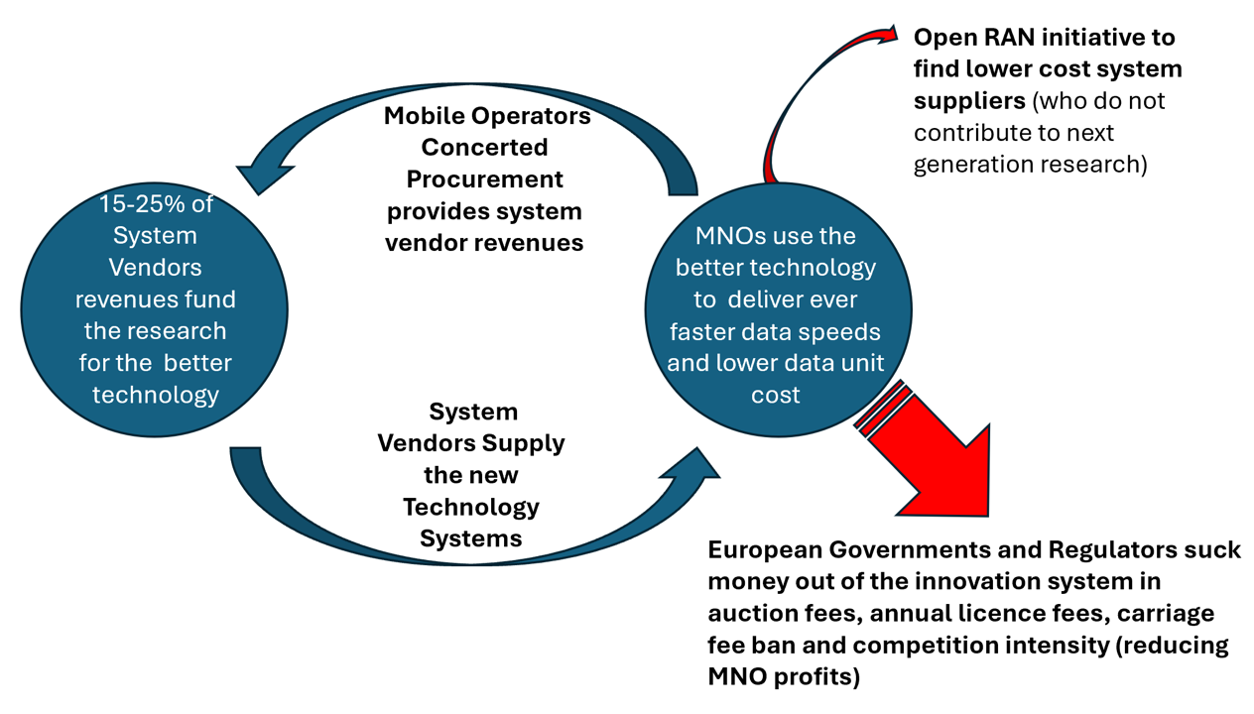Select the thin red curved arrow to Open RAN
pos(794,109)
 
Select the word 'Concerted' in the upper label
pos(484,148)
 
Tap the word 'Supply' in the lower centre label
pos(527,442)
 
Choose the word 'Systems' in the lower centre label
pos(470,538)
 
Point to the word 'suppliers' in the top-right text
pos(968,101)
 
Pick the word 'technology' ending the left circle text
pos(155,395)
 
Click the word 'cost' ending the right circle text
pos(775,395)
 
